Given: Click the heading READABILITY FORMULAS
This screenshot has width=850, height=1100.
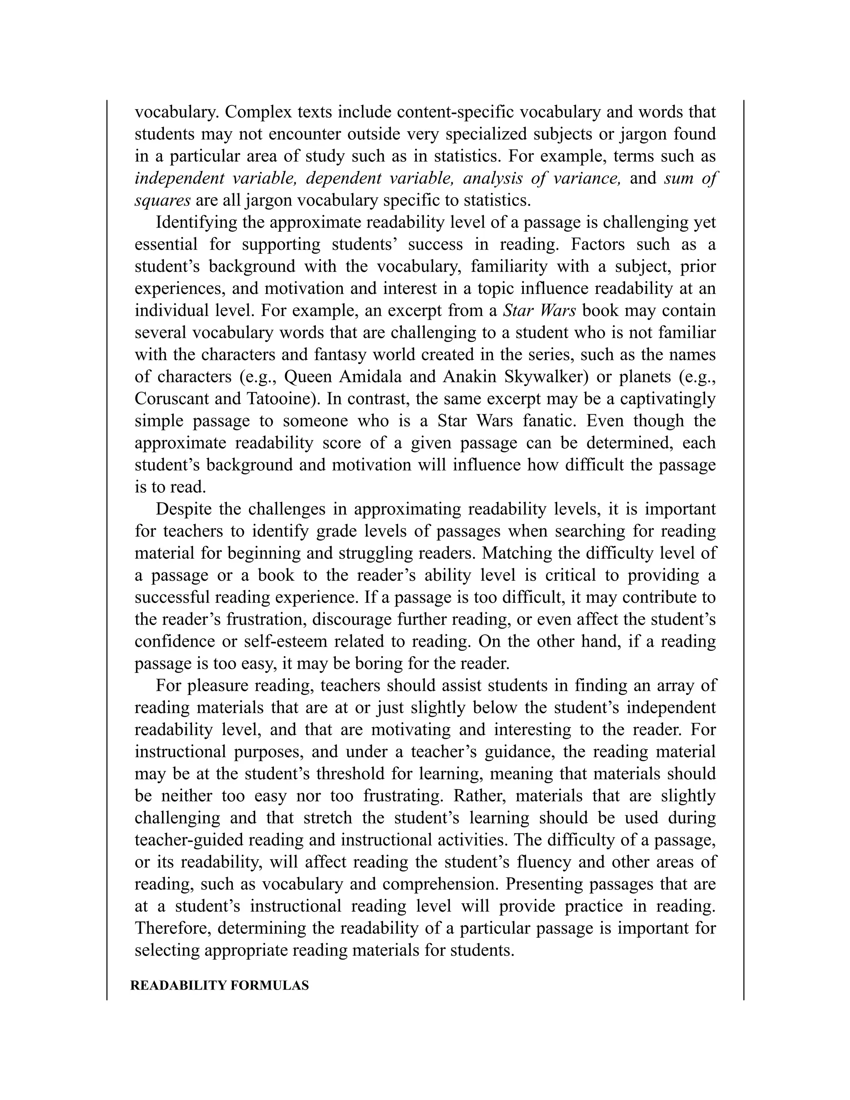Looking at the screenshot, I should [x=220, y=986].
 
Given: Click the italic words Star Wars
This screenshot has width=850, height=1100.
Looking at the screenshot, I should [x=539, y=310].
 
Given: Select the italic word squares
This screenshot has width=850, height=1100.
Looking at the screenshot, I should [x=162, y=200].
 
